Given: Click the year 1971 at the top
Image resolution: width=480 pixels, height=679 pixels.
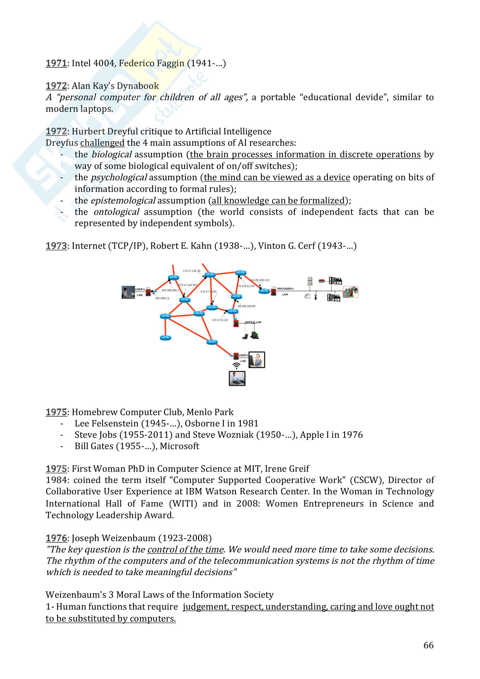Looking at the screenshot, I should coord(56,63).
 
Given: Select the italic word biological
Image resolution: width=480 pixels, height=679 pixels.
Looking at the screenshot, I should coord(112,155).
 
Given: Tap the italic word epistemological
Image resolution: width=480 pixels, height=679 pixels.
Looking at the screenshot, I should coord(123,201).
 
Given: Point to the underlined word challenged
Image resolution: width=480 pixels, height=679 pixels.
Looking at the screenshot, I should coord(102,143).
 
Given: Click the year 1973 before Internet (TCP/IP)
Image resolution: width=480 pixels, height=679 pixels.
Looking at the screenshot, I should coord(56,246).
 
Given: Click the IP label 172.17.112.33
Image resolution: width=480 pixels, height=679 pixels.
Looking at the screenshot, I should coord(191,271).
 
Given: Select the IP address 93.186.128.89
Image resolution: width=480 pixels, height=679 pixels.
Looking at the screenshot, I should coord(246,306).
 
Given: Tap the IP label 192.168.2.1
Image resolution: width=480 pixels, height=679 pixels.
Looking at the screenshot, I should coord(162,298).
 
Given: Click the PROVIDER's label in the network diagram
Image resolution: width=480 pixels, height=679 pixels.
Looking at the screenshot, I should coord(285,289).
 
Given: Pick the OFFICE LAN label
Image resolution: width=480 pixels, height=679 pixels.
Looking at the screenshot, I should coord(253,322).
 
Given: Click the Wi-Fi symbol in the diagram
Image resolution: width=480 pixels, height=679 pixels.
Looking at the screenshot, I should coord(236,366).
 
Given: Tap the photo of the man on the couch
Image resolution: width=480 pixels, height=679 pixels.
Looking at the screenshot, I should coord(237,379).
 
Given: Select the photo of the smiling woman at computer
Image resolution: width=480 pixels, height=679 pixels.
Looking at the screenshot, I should coord(256,360).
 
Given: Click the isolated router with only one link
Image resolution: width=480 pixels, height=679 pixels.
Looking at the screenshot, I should coord(165,338).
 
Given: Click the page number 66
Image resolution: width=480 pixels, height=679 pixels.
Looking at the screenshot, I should coord(428,645).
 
